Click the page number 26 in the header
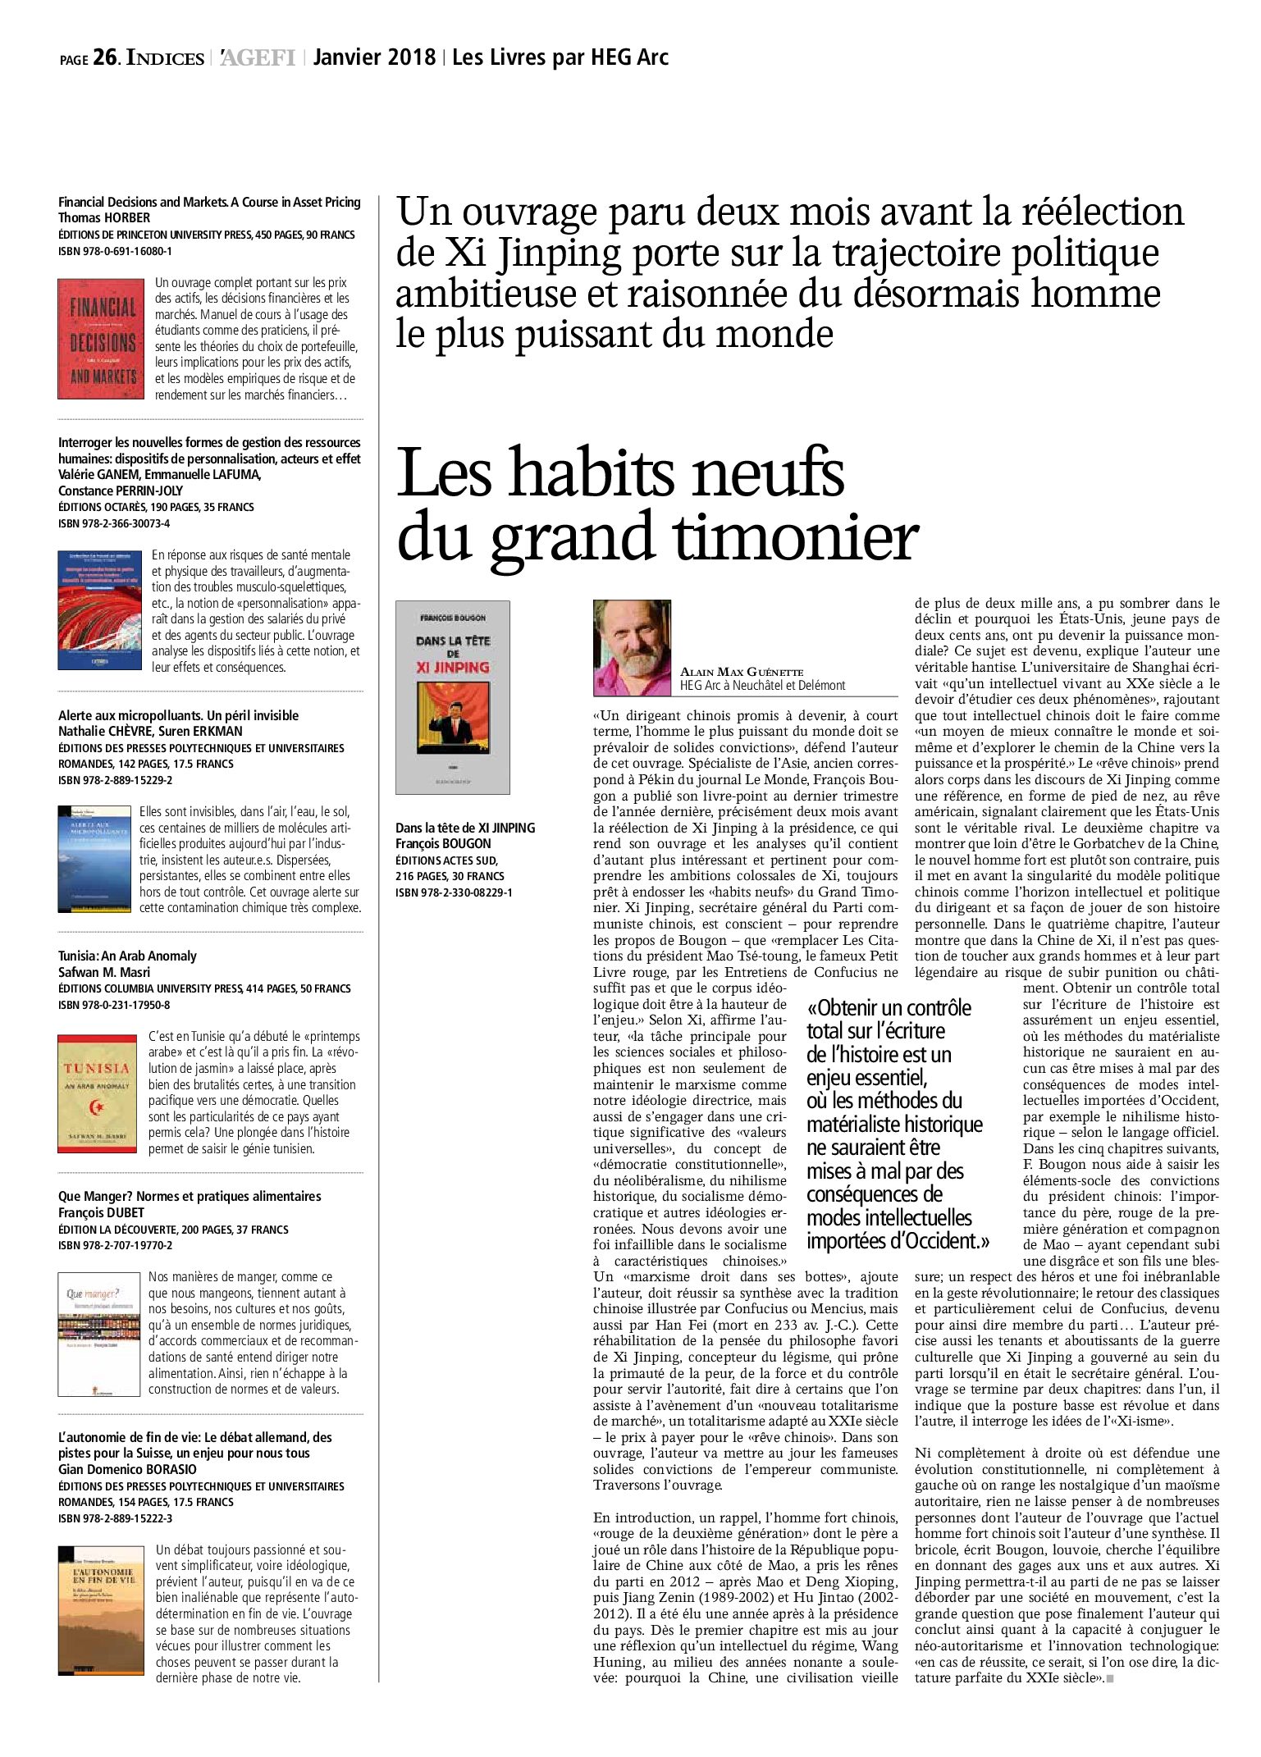(104, 57)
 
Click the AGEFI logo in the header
(258, 58)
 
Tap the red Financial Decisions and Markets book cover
(101, 339)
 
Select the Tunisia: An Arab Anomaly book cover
(97, 1093)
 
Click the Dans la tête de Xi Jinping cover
(452, 697)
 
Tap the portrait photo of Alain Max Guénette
(632, 648)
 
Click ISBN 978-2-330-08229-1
(454, 892)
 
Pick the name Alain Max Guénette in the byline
(742, 672)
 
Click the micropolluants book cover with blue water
(94, 858)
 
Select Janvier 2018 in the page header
(374, 57)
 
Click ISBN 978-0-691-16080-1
(115, 252)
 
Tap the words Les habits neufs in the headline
(621, 474)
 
